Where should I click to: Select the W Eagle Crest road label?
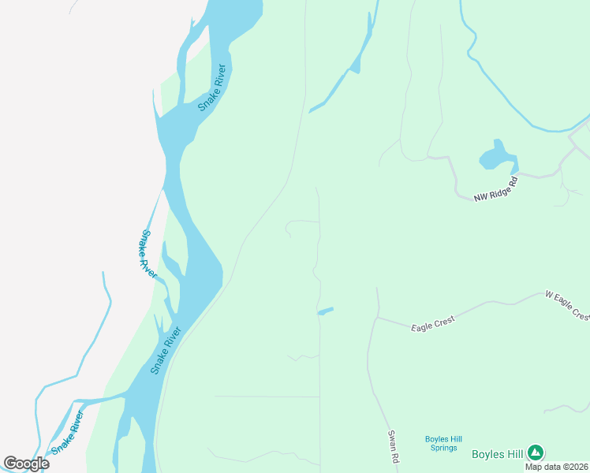click(x=567, y=304)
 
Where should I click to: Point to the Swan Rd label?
click(x=393, y=446)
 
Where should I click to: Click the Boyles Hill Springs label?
click(x=442, y=443)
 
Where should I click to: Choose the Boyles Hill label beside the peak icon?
click(x=498, y=453)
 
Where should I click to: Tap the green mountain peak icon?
click(x=536, y=453)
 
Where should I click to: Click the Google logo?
click(x=27, y=464)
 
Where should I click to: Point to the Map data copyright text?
click(x=557, y=467)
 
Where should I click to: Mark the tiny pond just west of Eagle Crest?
click(x=325, y=311)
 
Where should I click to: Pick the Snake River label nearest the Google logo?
click(x=68, y=433)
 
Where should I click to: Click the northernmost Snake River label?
click(x=212, y=87)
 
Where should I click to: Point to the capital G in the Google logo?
click(x=11, y=464)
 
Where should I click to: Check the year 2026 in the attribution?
click(x=577, y=467)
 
